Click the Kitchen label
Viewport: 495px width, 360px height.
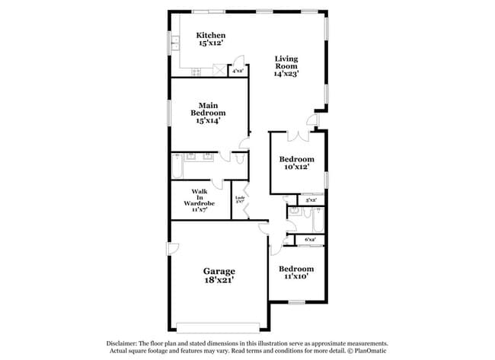211,35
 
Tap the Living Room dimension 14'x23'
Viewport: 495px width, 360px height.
286,74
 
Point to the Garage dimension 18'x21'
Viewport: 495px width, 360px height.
218,280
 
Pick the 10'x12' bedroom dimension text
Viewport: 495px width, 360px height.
299,167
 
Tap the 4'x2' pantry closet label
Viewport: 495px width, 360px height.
238,71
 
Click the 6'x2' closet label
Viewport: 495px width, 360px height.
311,240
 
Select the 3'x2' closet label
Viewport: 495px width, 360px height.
311,200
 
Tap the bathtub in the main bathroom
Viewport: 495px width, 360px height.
177,164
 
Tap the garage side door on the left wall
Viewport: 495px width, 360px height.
173,249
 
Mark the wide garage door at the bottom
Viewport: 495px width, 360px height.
218,328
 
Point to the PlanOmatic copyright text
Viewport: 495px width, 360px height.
369,352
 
